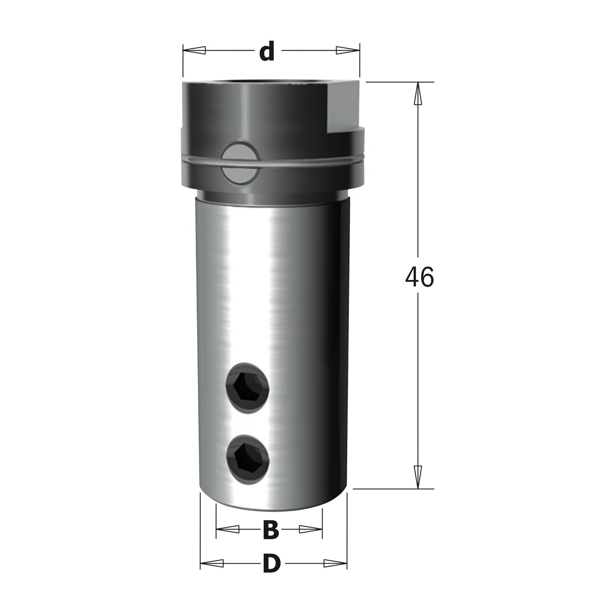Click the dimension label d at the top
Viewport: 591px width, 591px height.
[x=267, y=50]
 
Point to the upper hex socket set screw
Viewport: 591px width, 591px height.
[x=247, y=388]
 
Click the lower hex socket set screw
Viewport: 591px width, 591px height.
[x=248, y=459]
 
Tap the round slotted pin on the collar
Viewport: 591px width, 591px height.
[x=241, y=163]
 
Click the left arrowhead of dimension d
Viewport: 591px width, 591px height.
[x=194, y=50]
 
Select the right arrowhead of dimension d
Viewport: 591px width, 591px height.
[x=348, y=50]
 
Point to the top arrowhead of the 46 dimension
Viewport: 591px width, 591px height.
[x=418, y=94]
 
